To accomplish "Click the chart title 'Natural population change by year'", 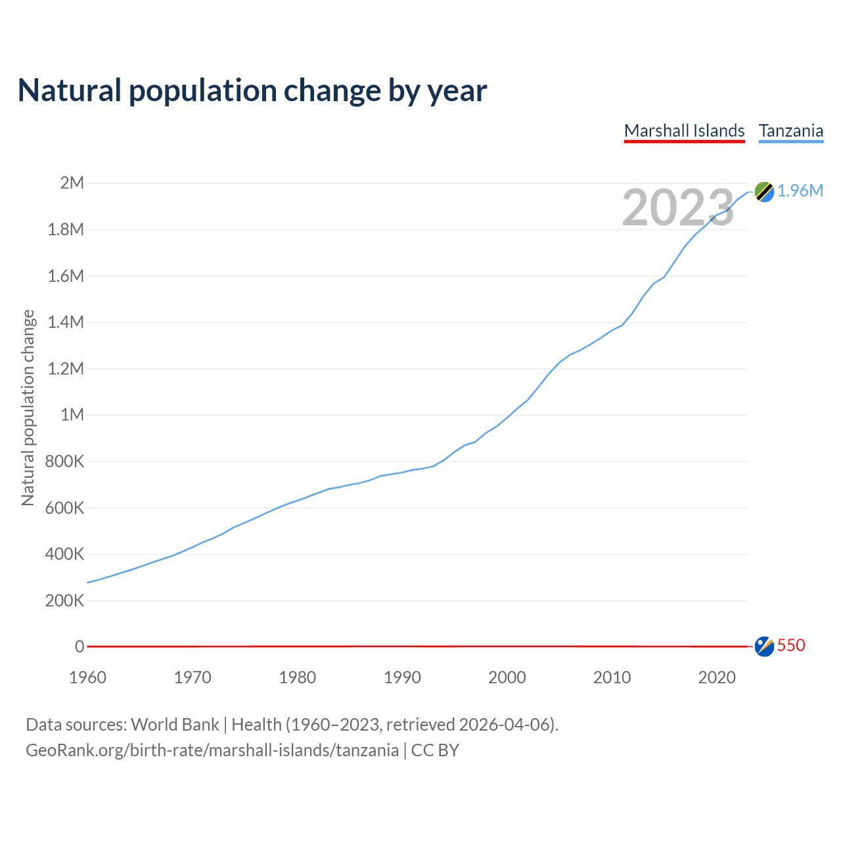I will point(252,91).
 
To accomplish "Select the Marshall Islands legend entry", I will point(684,131).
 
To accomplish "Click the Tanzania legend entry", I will point(791,131).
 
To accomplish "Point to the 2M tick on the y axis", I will point(72,183).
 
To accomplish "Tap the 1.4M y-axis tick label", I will point(66,322).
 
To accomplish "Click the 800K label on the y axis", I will point(65,461).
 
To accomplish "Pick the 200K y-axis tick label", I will point(65,601).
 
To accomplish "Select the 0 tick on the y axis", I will point(80,647).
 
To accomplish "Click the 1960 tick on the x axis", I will point(87,677).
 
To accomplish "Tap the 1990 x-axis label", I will point(402,677).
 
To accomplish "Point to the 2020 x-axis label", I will point(717,677).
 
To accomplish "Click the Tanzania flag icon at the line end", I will point(764,191).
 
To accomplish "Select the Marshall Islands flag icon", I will point(764,647).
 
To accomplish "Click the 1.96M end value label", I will point(800,191).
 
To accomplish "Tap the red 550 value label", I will point(791,645).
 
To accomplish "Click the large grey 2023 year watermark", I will point(677,208).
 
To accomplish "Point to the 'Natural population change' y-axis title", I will point(28,407).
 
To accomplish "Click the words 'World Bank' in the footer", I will point(175,725).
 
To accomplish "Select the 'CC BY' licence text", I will point(435,750).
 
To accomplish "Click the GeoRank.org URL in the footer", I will point(212,750).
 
